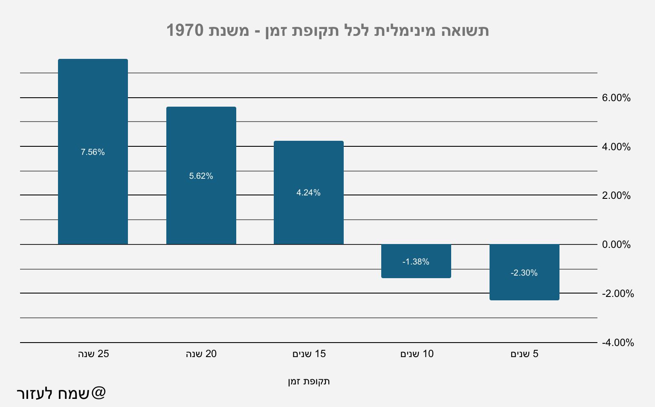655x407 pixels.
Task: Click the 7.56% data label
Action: [93, 152]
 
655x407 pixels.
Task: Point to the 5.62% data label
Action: [201, 176]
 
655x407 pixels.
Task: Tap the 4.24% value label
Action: [308, 193]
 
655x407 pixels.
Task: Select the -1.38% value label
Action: [416, 262]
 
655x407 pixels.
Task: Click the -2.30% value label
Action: [524, 273]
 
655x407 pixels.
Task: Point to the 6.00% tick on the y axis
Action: [616, 98]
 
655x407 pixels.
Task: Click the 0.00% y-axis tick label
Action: [616, 244]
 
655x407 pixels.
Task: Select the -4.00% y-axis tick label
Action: [617, 343]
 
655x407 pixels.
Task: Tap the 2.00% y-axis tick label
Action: [616, 195]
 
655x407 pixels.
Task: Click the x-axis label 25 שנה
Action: [93, 354]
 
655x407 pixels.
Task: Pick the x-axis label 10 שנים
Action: [417, 354]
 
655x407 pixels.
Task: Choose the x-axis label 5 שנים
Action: [524, 354]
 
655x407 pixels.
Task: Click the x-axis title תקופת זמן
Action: [309, 381]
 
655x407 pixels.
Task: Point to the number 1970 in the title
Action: [185, 31]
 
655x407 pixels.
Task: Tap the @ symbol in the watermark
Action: [98, 392]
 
